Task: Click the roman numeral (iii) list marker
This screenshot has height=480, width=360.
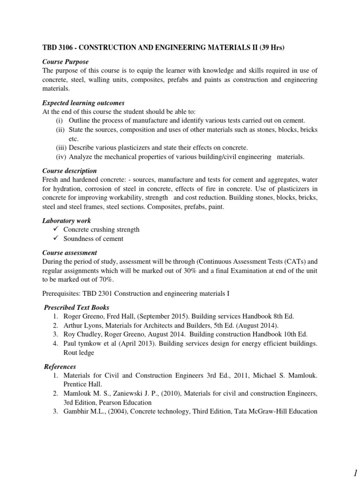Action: tap(60, 148)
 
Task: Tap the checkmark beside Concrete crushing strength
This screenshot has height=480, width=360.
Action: tap(55, 230)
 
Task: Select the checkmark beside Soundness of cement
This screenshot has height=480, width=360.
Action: tap(55, 239)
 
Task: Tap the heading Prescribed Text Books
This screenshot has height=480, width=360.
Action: tap(76, 307)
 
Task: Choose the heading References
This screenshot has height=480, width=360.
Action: tap(60, 367)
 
